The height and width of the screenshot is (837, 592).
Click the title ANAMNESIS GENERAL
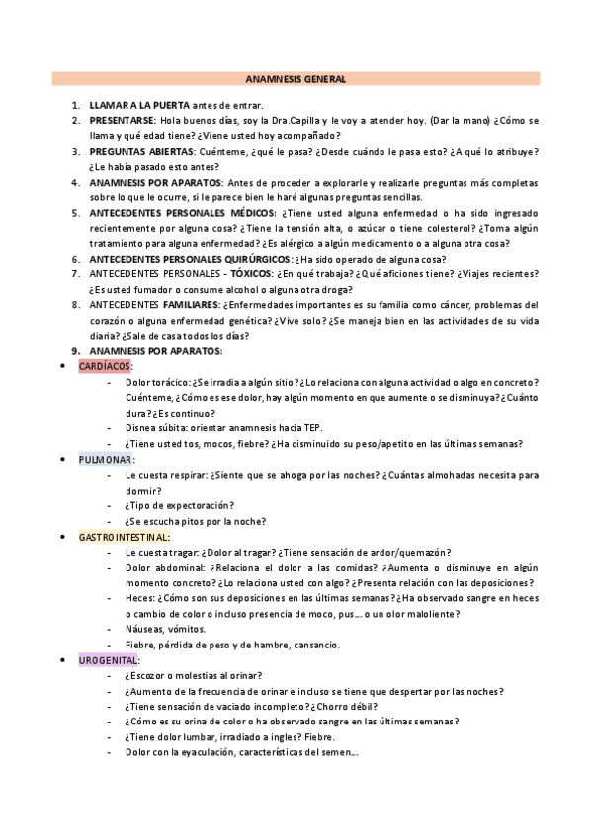pos(296,78)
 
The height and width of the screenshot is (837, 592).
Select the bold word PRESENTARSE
pos(121,120)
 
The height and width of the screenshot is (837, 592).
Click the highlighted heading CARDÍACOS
pos(105,366)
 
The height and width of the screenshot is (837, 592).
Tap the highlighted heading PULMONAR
pos(106,459)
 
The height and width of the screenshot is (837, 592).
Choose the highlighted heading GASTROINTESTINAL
pos(124,536)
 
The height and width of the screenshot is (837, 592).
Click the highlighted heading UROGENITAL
pos(109,659)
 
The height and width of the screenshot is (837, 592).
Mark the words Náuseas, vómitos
pos(165,629)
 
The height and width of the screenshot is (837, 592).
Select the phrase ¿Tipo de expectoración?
pos(177,505)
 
